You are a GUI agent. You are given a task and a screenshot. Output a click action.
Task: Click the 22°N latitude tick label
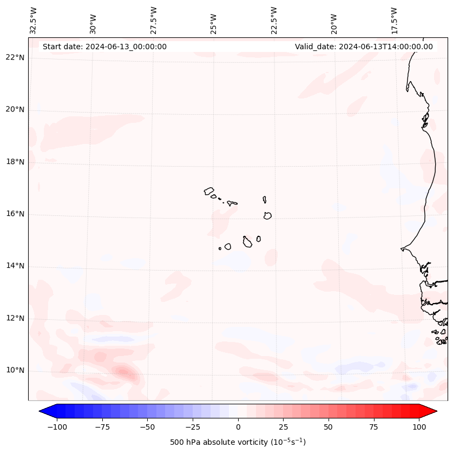(x=15, y=58)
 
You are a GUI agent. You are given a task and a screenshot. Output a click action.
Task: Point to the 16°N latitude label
(x=15, y=214)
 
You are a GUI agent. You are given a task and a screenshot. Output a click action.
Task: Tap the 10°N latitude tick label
(x=15, y=371)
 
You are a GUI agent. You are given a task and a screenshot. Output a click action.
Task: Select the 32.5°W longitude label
(x=34, y=20)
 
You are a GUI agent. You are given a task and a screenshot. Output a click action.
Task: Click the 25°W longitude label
(x=214, y=21)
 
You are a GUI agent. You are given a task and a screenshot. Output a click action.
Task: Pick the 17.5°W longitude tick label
(x=394, y=20)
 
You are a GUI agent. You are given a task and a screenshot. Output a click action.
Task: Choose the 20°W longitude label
(x=334, y=21)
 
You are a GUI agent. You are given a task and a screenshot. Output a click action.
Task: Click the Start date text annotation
(x=104, y=47)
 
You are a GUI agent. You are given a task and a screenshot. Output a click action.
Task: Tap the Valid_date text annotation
(x=364, y=47)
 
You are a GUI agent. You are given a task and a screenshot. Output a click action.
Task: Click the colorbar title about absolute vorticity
(x=238, y=442)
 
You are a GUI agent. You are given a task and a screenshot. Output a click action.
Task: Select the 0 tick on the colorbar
(x=238, y=427)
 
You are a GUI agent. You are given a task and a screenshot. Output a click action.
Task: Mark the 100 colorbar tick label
(x=419, y=427)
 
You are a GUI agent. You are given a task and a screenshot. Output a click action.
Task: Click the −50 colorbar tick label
(x=147, y=427)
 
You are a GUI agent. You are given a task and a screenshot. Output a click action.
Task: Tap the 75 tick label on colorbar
(x=373, y=427)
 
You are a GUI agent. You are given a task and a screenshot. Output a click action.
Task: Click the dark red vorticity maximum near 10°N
(x=123, y=372)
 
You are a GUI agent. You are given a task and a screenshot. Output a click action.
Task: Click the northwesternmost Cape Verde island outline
(x=209, y=190)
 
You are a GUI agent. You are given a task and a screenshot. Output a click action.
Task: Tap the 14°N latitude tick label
(x=15, y=266)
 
